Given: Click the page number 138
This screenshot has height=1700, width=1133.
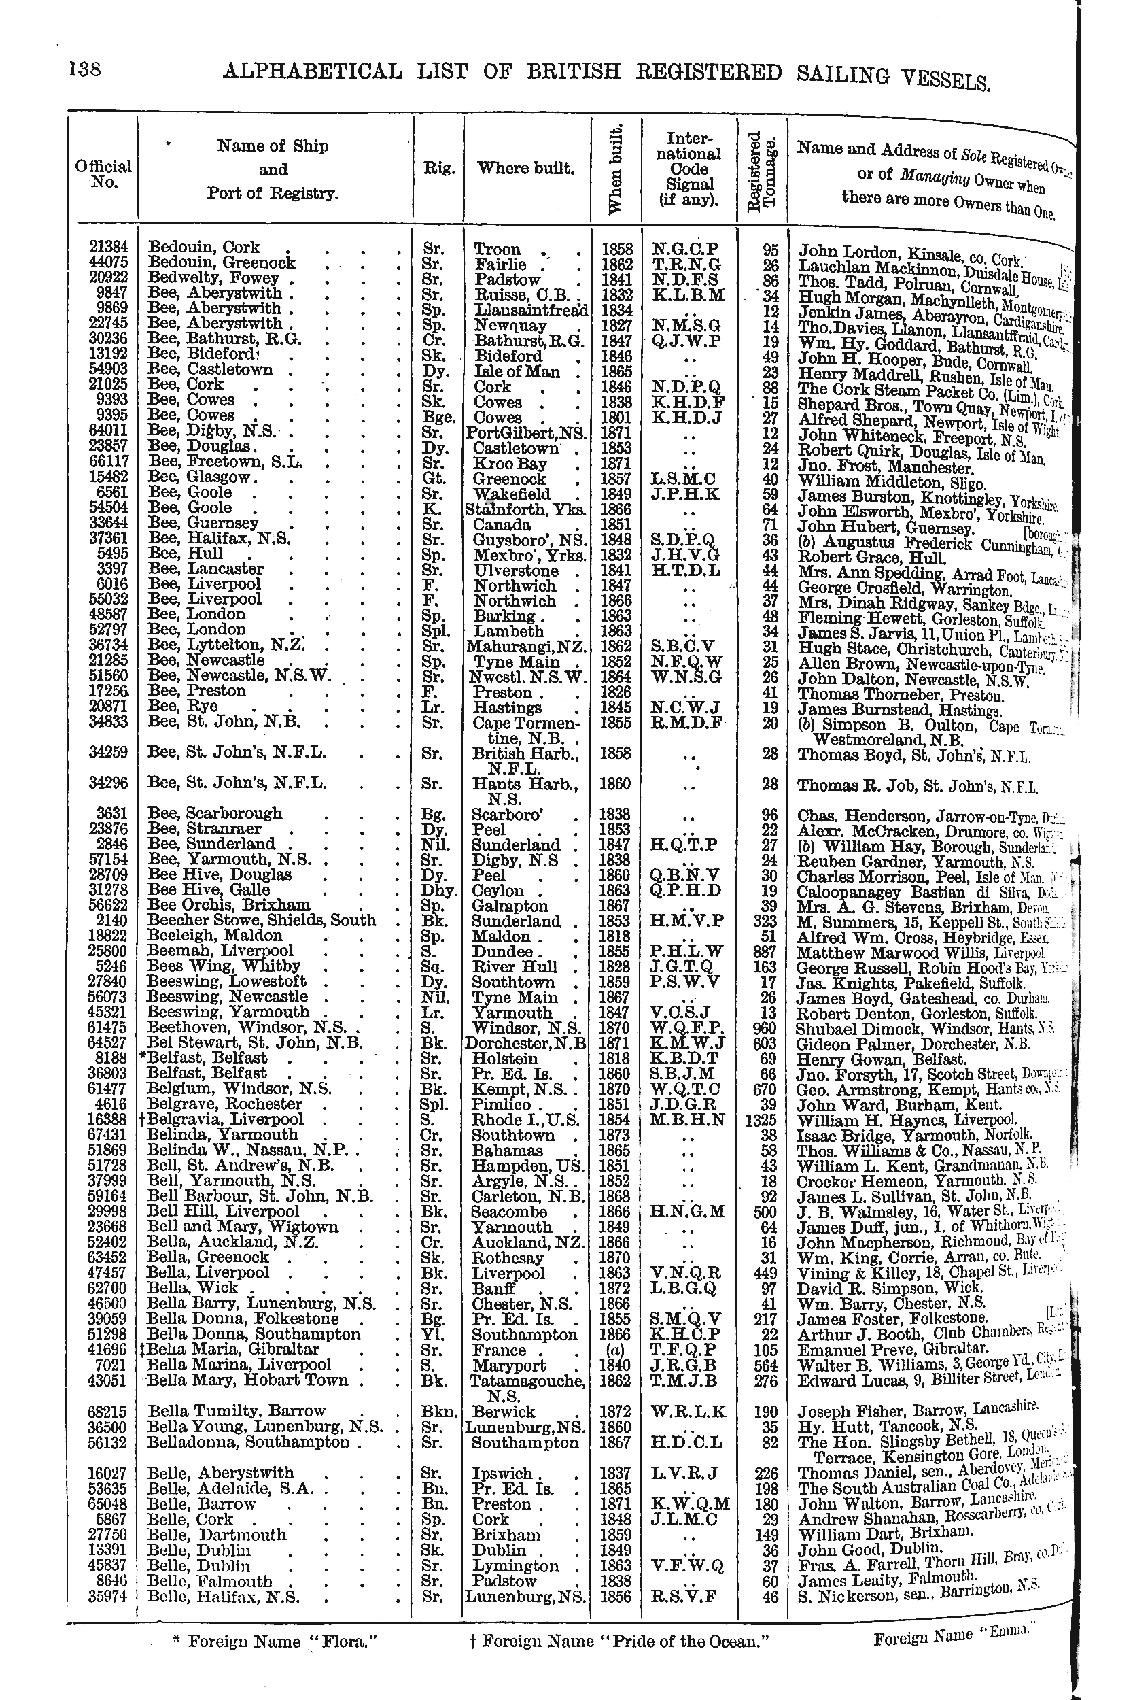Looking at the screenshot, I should click(84, 70).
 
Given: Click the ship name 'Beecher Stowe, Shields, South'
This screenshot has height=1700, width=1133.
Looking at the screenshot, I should click(261, 921).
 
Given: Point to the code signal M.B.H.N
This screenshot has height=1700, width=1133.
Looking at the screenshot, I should click(687, 1119).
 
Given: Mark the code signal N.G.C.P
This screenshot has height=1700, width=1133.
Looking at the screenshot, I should click(686, 249).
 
